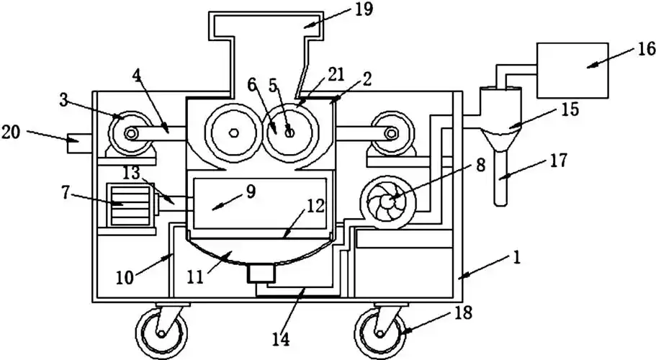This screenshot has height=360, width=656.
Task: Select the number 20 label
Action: [13, 132]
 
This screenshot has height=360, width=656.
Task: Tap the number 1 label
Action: [518, 256]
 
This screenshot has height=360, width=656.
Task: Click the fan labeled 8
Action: [387, 203]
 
